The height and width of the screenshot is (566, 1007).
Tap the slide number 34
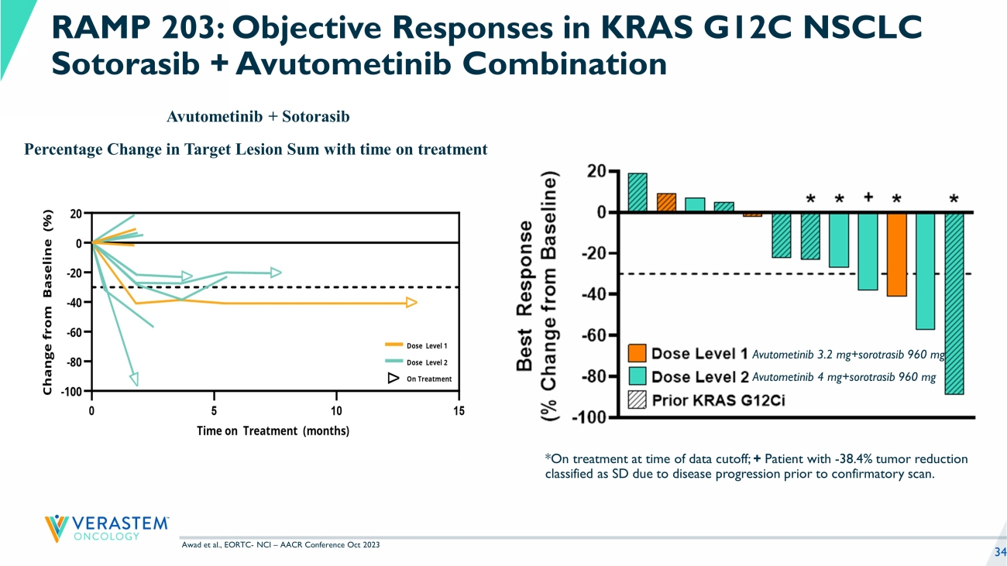999,551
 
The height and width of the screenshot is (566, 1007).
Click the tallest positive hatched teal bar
638,192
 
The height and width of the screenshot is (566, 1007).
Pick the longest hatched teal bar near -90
954,303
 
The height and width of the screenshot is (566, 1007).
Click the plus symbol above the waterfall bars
868,197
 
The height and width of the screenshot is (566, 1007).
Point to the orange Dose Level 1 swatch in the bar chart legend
638,354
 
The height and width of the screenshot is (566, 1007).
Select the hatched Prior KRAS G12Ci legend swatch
638,400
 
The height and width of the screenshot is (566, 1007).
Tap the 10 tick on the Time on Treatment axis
336,410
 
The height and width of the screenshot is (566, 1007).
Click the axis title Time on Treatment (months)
273,431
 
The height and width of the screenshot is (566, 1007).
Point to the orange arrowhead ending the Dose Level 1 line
411,303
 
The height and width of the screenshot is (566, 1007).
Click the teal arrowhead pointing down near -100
134,378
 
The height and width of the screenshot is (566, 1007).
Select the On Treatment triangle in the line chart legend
393,379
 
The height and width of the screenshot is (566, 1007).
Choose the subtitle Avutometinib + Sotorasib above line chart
258,117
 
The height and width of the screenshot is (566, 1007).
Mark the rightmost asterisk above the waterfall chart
954,199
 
